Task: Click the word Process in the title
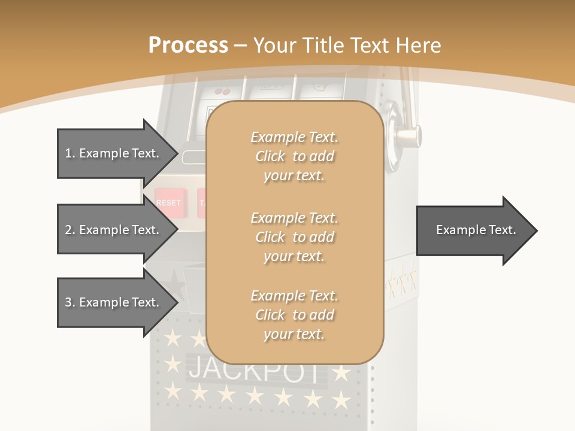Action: coord(188,45)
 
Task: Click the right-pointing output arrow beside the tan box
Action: coord(476,230)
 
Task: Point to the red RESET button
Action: coord(168,203)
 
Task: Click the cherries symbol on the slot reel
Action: coord(222,91)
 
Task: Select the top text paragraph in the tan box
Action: coord(294,156)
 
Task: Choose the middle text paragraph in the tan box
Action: coord(294,236)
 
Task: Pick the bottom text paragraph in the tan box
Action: coord(294,315)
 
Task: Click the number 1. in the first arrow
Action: coord(70,153)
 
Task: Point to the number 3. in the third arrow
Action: coord(70,302)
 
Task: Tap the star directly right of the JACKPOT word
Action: coord(341,373)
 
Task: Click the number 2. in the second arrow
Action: coord(70,230)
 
